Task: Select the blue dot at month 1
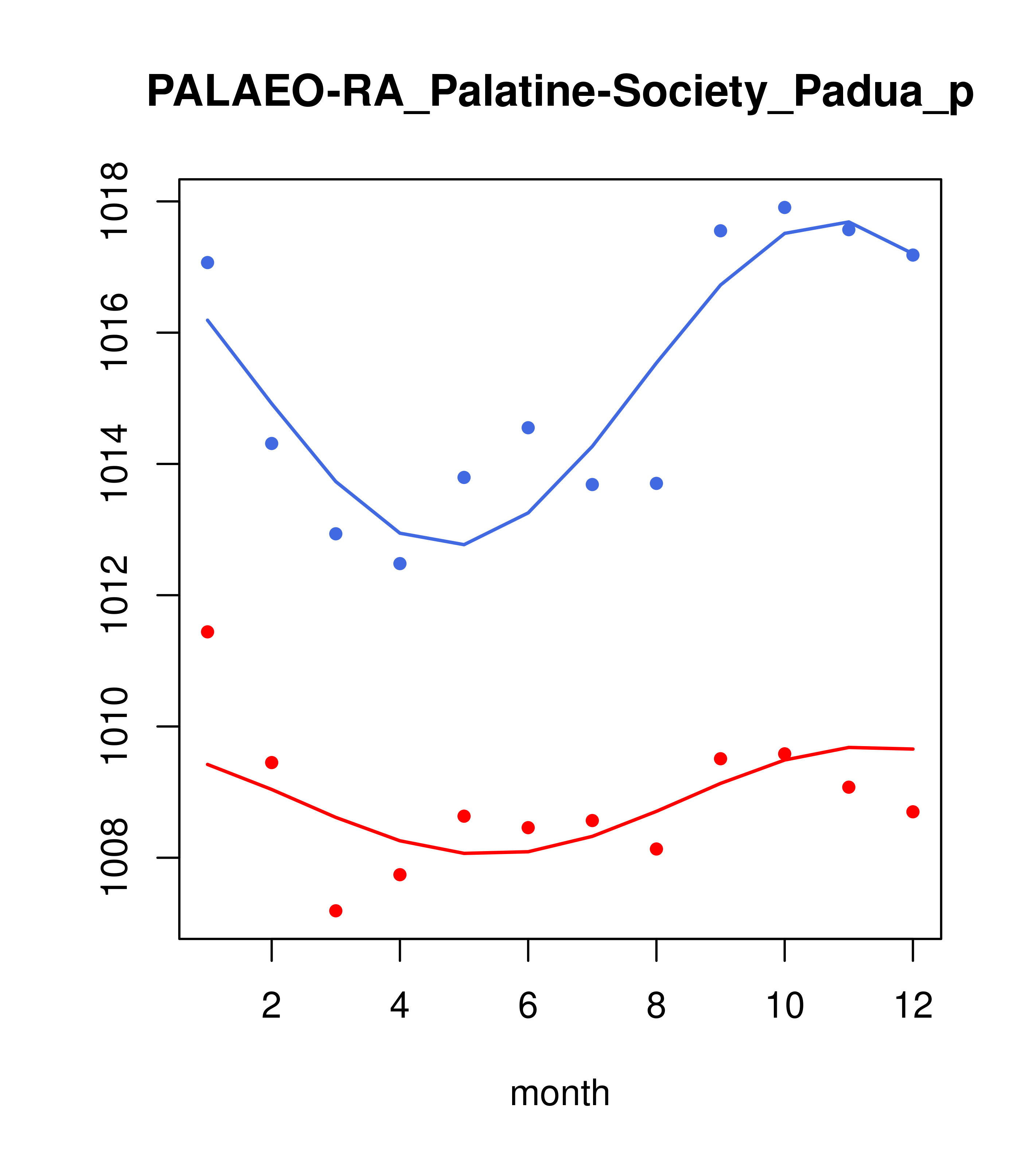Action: click(207, 263)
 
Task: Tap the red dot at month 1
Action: click(207, 632)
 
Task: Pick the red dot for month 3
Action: click(336, 911)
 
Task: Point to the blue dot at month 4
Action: click(400, 564)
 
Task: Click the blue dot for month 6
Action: click(528, 428)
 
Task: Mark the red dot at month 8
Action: click(656, 849)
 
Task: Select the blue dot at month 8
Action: click(656, 483)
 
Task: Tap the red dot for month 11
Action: click(849, 787)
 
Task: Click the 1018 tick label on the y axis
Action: click(114, 201)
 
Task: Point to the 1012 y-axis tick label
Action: click(114, 595)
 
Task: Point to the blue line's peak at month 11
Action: click(849, 222)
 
